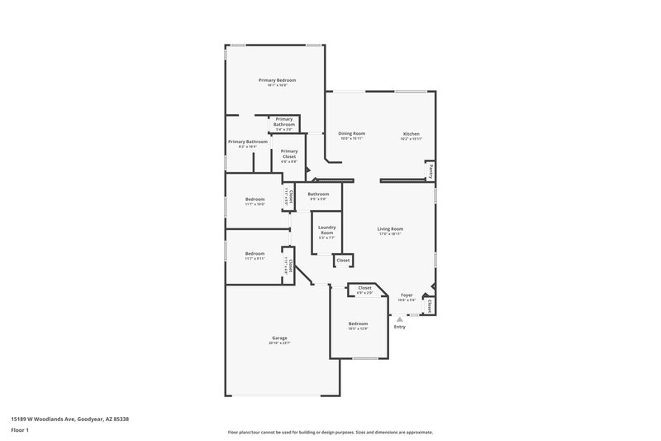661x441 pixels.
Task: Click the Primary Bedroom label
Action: click(277, 80)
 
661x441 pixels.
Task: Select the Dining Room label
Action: click(352, 133)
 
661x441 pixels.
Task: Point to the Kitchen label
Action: click(411, 133)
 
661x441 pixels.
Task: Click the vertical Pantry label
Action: click(430, 170)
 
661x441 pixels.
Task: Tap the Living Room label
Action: click(390, 229)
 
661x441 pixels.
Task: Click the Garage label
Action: click(279, 338)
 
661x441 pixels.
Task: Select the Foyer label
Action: click(407, 295)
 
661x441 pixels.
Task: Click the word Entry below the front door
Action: click(400, 327)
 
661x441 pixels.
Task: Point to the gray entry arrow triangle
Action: click(400, 319)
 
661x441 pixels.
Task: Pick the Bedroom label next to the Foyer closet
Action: click(357, 324)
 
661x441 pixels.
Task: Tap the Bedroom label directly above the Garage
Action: click(254, 253)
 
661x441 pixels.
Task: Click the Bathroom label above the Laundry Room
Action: click(318, 194)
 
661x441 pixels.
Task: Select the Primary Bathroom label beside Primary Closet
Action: click(248, 141)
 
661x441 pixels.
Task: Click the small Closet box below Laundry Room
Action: click(342, 261)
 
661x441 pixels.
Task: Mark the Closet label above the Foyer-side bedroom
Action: click(364, 288)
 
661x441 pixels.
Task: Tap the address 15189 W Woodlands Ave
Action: click(69, 419)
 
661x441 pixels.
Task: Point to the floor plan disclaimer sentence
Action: click(330, 432)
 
